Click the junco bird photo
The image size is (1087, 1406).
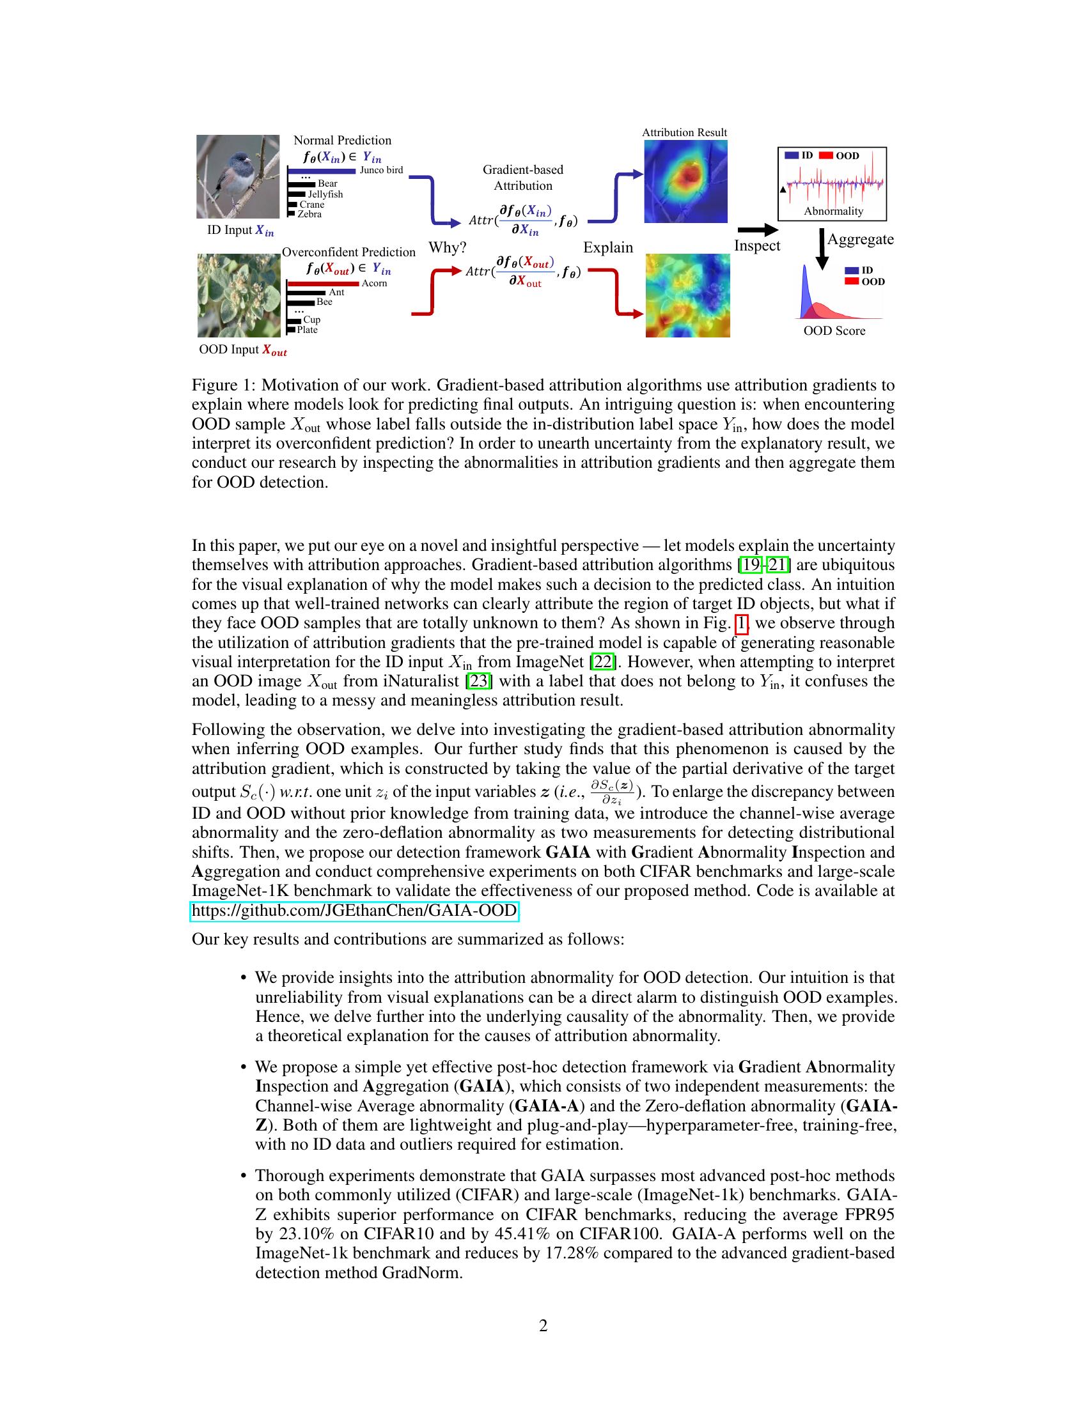click(x=238, y=176)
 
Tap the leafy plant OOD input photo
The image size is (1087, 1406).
click(x=239, y=295)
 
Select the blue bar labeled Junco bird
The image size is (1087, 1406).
click(x=322, y=171)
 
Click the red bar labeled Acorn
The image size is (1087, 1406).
click(x=323, y=284)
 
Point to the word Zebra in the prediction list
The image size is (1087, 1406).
click(x=309, y=214)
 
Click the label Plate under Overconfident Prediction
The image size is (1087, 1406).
click(x=307, y=330)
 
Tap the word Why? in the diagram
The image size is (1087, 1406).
click(x=447, y=248)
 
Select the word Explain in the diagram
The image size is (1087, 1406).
click(x=608, y=248)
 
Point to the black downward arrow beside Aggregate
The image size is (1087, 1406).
click(x=822, y=249)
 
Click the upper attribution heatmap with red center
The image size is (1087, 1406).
click(x=686, y=182)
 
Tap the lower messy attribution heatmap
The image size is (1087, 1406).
click(x=688, y=295)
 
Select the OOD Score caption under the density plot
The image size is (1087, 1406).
click(x=834, y=331)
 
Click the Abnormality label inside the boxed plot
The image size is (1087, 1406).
click(x=833, y=211)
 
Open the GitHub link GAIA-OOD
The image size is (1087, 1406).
click(x=354, y=911)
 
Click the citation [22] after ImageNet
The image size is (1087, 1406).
click(x=604, y=662)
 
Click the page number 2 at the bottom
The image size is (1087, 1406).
click(x=543, y=1325)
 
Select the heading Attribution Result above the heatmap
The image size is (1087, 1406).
click(x=684, y=133)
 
